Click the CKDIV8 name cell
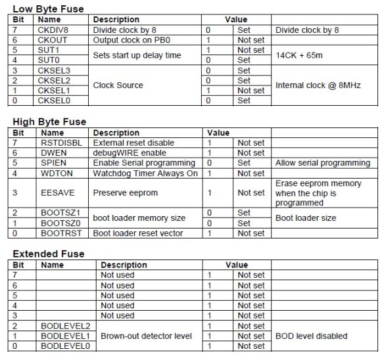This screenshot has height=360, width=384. [55, 30]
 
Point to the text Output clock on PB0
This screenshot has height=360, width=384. [133, 40]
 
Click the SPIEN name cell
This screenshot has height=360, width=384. [52, 162]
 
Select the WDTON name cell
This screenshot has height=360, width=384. [54, 173]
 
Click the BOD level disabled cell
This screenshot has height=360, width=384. [310, 336]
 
